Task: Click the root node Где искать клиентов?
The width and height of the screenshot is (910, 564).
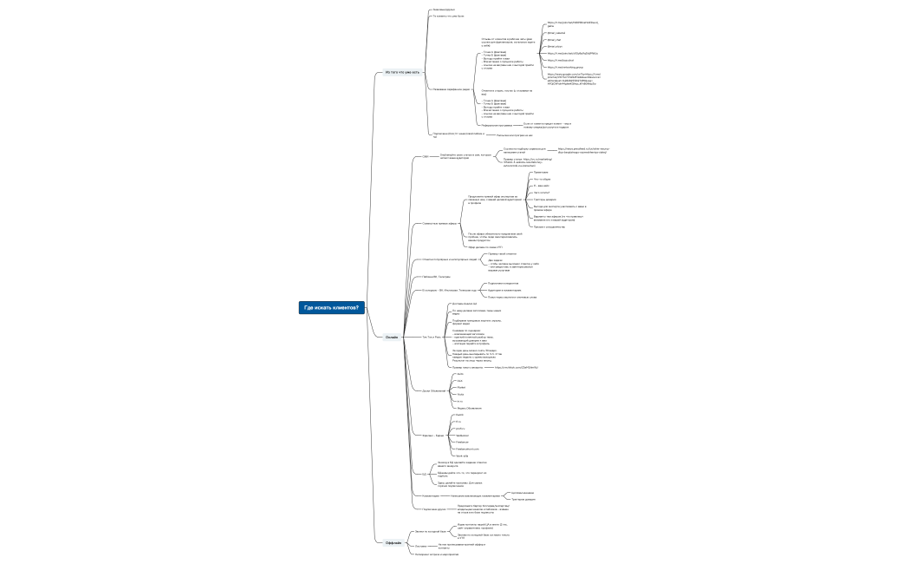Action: [x=332, y=307]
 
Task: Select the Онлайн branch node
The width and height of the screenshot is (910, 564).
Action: [x=392, y=337]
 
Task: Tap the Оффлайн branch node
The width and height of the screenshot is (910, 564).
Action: [x=393, y=542]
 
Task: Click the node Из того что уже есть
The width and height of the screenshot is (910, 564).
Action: [x=402, y=72]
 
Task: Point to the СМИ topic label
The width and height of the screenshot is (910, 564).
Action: [x=426, y=156]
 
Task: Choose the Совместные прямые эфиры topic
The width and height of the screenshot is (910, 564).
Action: [x=439, y=223]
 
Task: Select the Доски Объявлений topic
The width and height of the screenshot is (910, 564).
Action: [x=434, y=391]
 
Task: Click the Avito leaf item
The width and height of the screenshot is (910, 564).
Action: [x=459, y=373]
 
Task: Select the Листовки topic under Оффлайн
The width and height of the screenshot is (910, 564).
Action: [x=421, y=546]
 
